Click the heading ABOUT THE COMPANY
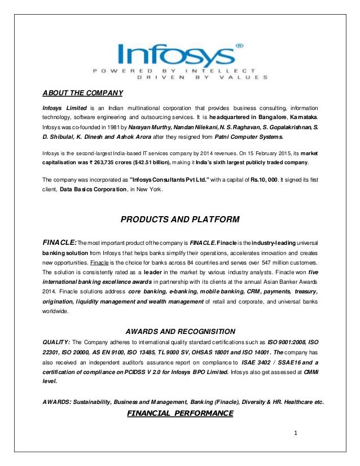(83, 93)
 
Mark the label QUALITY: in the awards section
(57, 342)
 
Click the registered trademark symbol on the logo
(239, 43)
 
